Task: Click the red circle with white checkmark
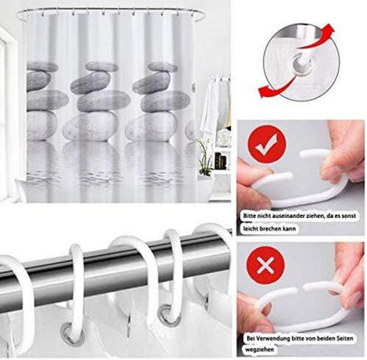266,144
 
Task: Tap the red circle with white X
266,265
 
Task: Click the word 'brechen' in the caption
271,229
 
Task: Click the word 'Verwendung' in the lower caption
273,338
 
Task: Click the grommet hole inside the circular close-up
302,63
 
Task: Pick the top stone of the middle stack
101,66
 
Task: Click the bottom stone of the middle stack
91,126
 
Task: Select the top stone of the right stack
163,67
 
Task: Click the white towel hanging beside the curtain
210,108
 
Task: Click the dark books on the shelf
221,161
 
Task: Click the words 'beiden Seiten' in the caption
335,338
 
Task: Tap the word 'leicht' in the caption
251,229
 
